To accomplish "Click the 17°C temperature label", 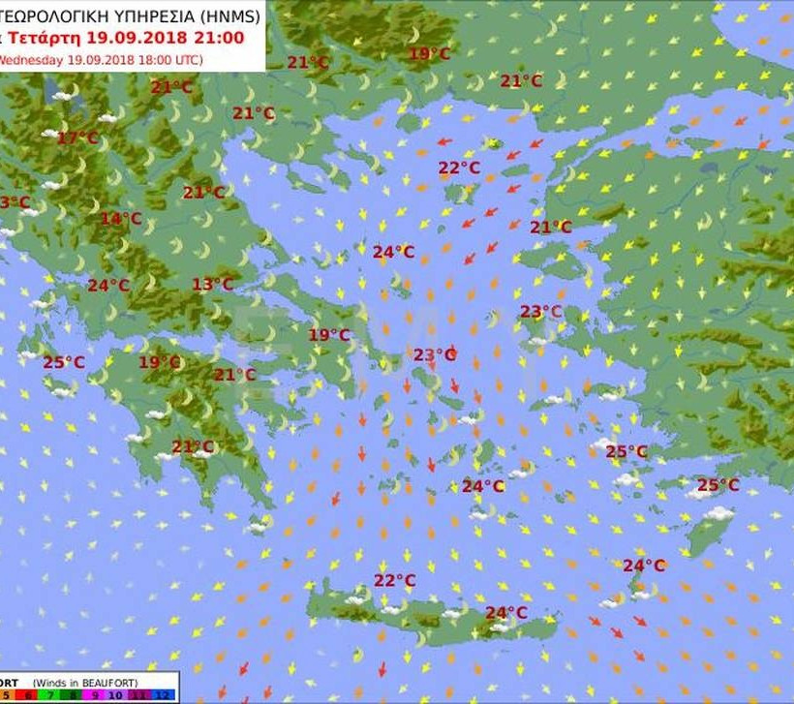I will pos(77,138).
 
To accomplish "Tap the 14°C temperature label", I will pos(121,219).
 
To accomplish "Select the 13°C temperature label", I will pos(212,285).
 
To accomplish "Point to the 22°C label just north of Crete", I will pos(395,581).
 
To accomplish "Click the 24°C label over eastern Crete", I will pos(506,613).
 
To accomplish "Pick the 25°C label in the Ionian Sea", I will pos(64,363).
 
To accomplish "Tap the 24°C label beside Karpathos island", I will pos(644,566).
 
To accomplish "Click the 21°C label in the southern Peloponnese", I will pos(193,447).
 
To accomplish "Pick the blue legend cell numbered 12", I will pos(164,695).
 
